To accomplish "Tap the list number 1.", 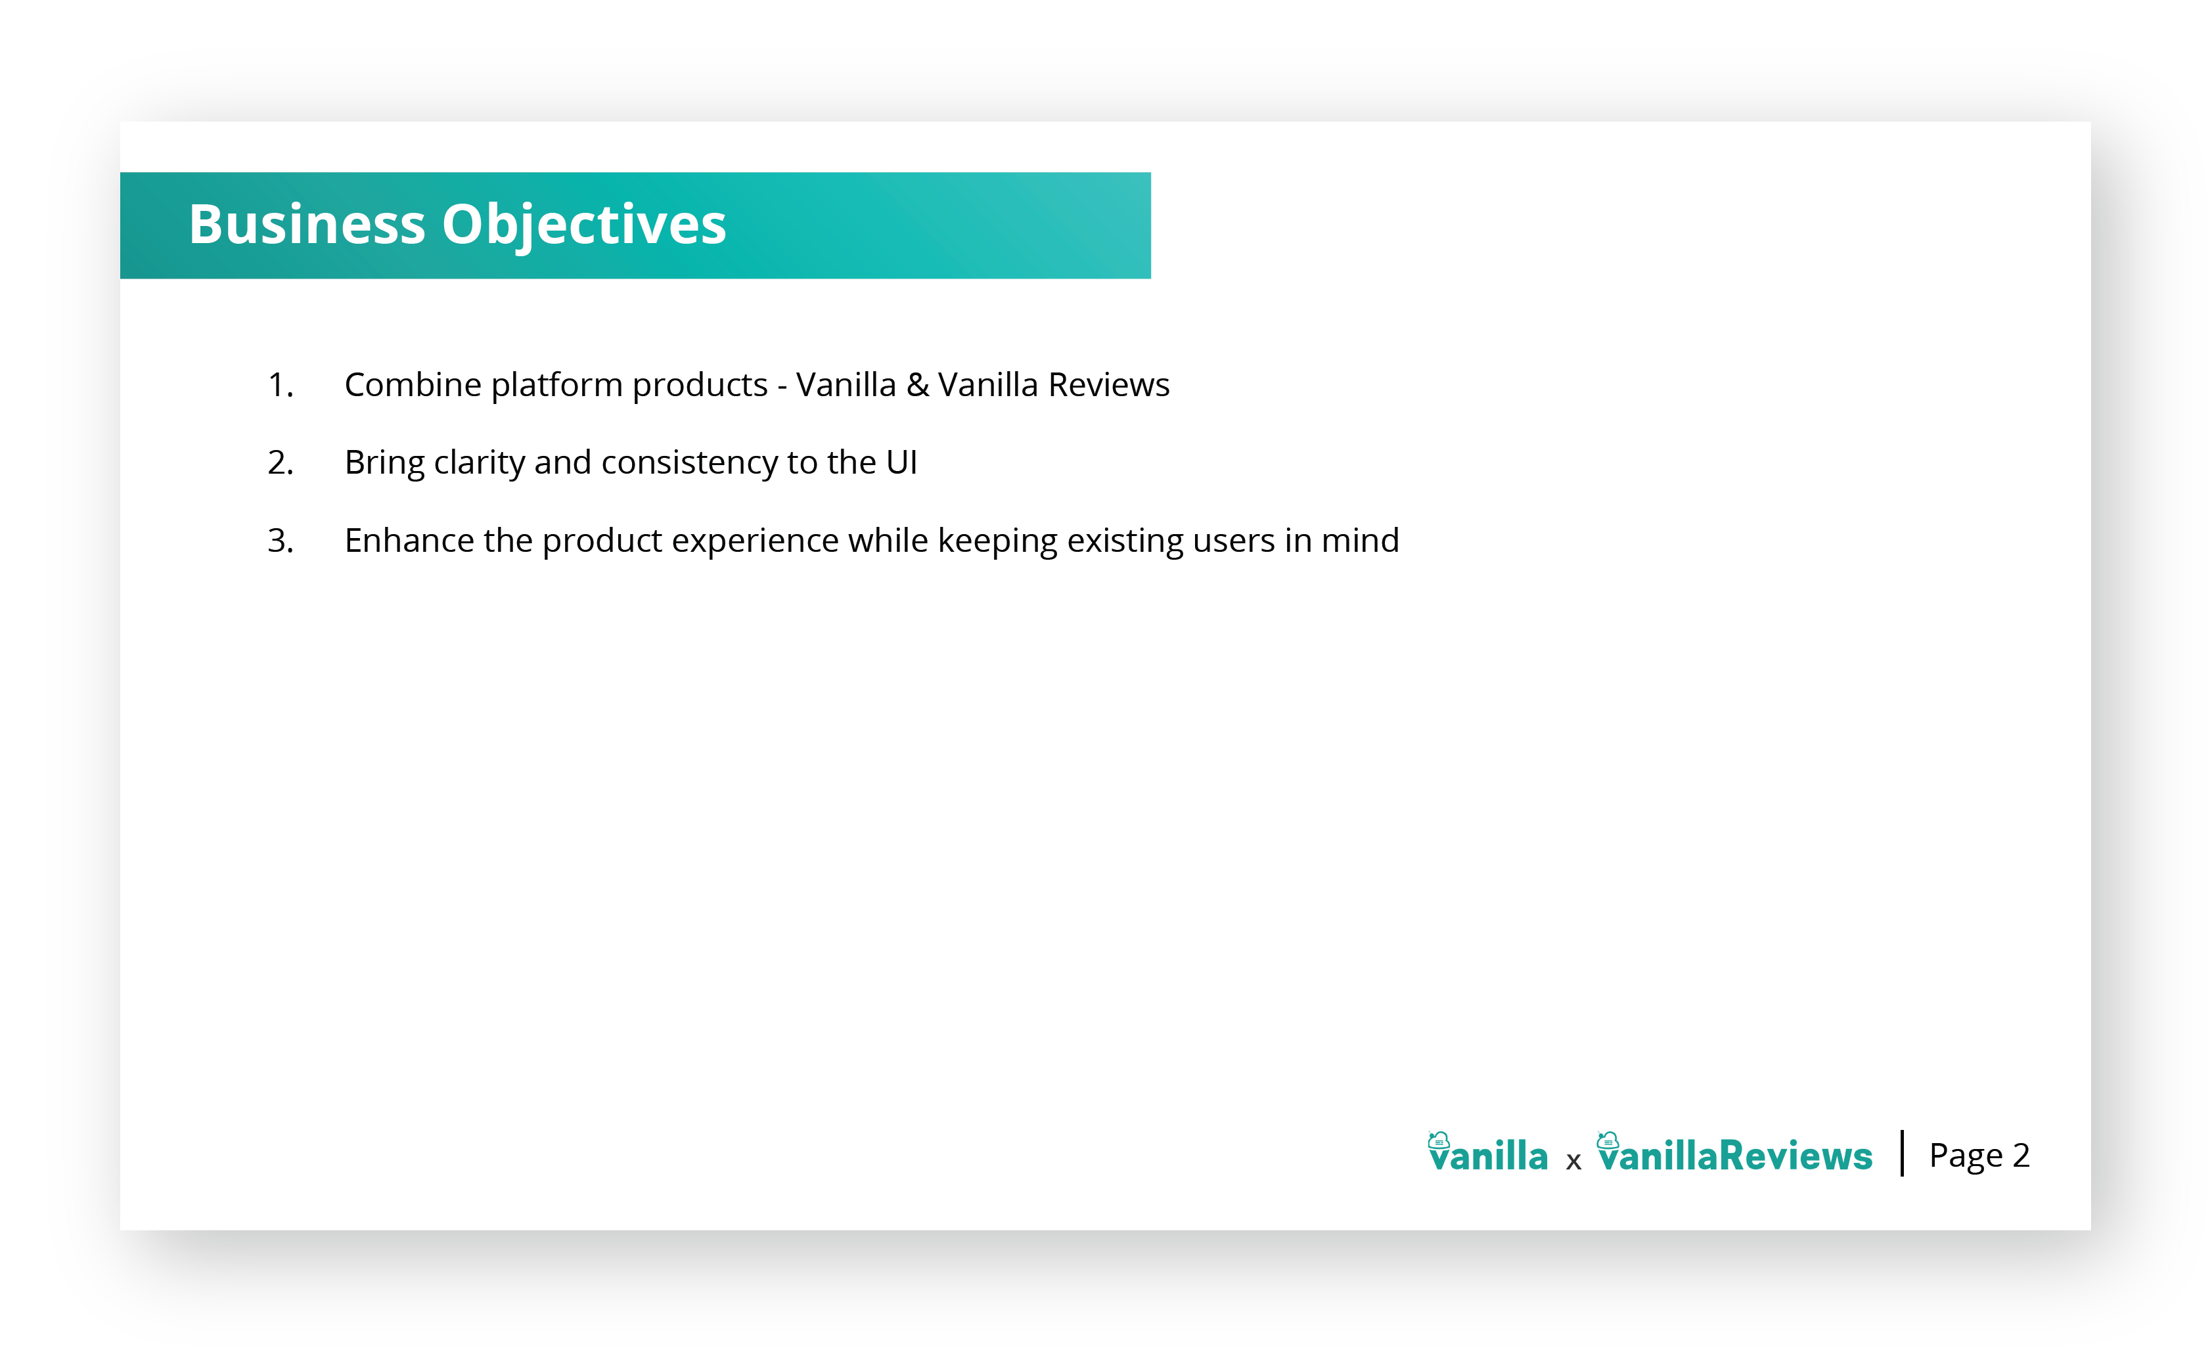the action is click(x=280, y=385).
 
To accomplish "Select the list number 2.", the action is click(x=280, y=463).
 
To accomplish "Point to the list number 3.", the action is click(x=280, y=541).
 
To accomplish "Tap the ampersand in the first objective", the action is click(x=918, y=385).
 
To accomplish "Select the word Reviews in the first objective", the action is click(x=1109, y=385).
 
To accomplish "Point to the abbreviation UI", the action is click(x=901, y=463).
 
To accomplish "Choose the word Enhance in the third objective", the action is click(x=409, y=541).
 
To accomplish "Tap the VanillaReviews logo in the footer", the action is click(x=1735, y=1153).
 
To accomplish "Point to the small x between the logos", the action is click(x=1573, y=1161).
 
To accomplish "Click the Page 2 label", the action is click(x=1979, y=1156).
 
